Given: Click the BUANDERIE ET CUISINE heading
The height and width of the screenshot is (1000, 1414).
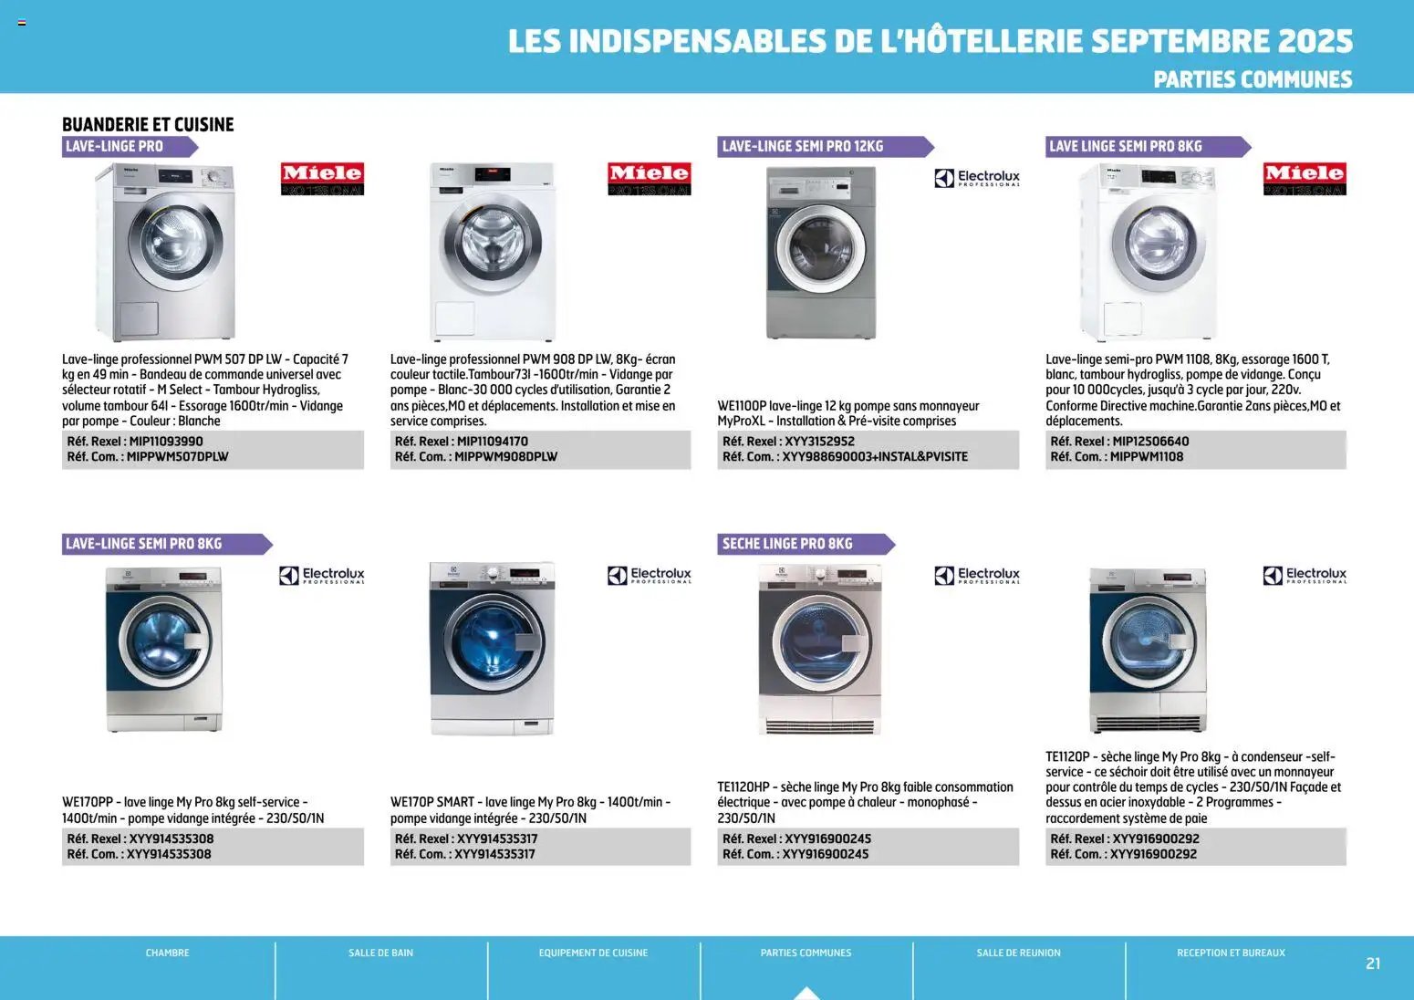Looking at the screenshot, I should [148, 124].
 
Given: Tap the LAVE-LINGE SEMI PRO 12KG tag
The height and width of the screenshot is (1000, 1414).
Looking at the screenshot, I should [803, 146].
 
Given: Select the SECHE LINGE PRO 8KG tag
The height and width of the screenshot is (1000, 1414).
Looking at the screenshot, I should [787, 544].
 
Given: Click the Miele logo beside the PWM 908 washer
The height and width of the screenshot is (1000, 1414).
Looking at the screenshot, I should [649, 178].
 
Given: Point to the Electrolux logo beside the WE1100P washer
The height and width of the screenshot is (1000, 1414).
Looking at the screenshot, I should [977, 178].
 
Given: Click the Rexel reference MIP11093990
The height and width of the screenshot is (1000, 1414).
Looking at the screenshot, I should [166, 442].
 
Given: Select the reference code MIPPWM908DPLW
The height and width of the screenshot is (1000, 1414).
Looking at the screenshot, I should [505, 457].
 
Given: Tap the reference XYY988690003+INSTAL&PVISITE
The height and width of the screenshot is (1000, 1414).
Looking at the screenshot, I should [875, 457].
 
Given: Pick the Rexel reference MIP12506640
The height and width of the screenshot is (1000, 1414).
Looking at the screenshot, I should [1150, 442].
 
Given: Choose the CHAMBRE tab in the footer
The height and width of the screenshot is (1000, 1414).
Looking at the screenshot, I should [168, 953].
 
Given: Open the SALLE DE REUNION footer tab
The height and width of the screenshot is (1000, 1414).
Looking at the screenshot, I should [1018, 953].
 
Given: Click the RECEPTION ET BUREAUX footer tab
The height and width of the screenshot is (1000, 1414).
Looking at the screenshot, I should [1231, 953].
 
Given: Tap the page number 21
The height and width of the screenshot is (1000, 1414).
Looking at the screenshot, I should [1373, 964].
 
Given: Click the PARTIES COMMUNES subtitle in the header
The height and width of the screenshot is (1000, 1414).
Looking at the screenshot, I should [1253, 80].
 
